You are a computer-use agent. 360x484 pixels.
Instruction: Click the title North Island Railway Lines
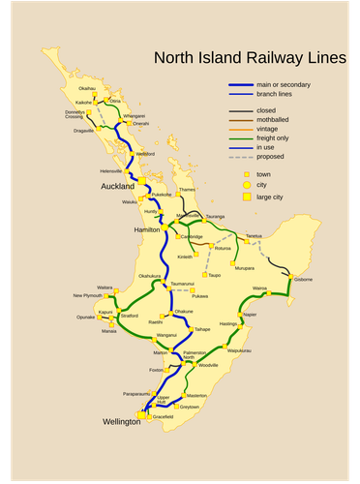[x=249, y=59]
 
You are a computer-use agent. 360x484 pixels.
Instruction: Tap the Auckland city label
[x=117, y=186]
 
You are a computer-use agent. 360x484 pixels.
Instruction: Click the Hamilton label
[x=147, y=230]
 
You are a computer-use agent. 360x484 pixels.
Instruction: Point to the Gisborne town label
[x=303, y=280]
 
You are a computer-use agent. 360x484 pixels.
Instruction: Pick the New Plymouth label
[x=87, y=295]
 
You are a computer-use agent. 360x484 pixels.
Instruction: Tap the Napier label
[x=250, y=315]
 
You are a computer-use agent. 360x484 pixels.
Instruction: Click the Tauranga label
[x=215, y=217]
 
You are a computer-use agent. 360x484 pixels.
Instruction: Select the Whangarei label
[x=135, y=116]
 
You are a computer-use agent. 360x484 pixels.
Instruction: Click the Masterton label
[x=196, y=396]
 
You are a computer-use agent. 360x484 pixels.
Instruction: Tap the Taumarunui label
[x=182, y=284]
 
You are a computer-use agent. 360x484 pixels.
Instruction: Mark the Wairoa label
[x=259, y=288]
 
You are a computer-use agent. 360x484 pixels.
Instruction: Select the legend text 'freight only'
[x=272, y=138]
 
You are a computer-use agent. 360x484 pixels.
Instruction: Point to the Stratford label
[x=129, y=315]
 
